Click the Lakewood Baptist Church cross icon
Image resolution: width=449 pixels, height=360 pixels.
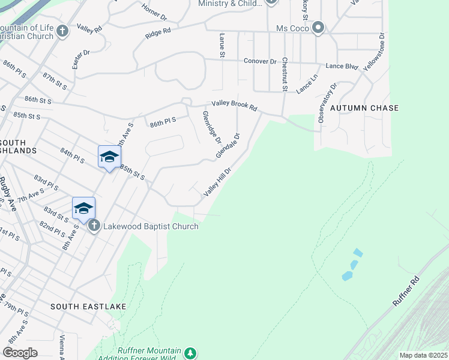(94, 226)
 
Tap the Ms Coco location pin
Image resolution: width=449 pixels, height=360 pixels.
(318, 28)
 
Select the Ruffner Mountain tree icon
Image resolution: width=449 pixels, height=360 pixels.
(190, 352)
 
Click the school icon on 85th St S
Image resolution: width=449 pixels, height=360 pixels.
(109, 157)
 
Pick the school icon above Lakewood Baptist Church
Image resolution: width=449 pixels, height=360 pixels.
(84, 208)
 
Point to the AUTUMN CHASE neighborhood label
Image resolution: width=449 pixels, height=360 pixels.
(364, 108)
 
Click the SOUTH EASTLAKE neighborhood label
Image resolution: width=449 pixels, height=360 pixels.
(88, 307)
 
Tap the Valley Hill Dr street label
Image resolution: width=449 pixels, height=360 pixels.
(217, 182)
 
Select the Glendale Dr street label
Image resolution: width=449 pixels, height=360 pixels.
(228, 146)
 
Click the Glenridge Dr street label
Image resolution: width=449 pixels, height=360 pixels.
(212, 127)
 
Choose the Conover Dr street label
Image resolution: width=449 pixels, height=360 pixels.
(259, 61)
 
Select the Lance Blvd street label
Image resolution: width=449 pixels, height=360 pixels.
(342, 66)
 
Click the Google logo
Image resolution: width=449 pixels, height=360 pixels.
(20, 353)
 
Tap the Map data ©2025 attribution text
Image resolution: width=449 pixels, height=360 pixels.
(423, 355)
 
